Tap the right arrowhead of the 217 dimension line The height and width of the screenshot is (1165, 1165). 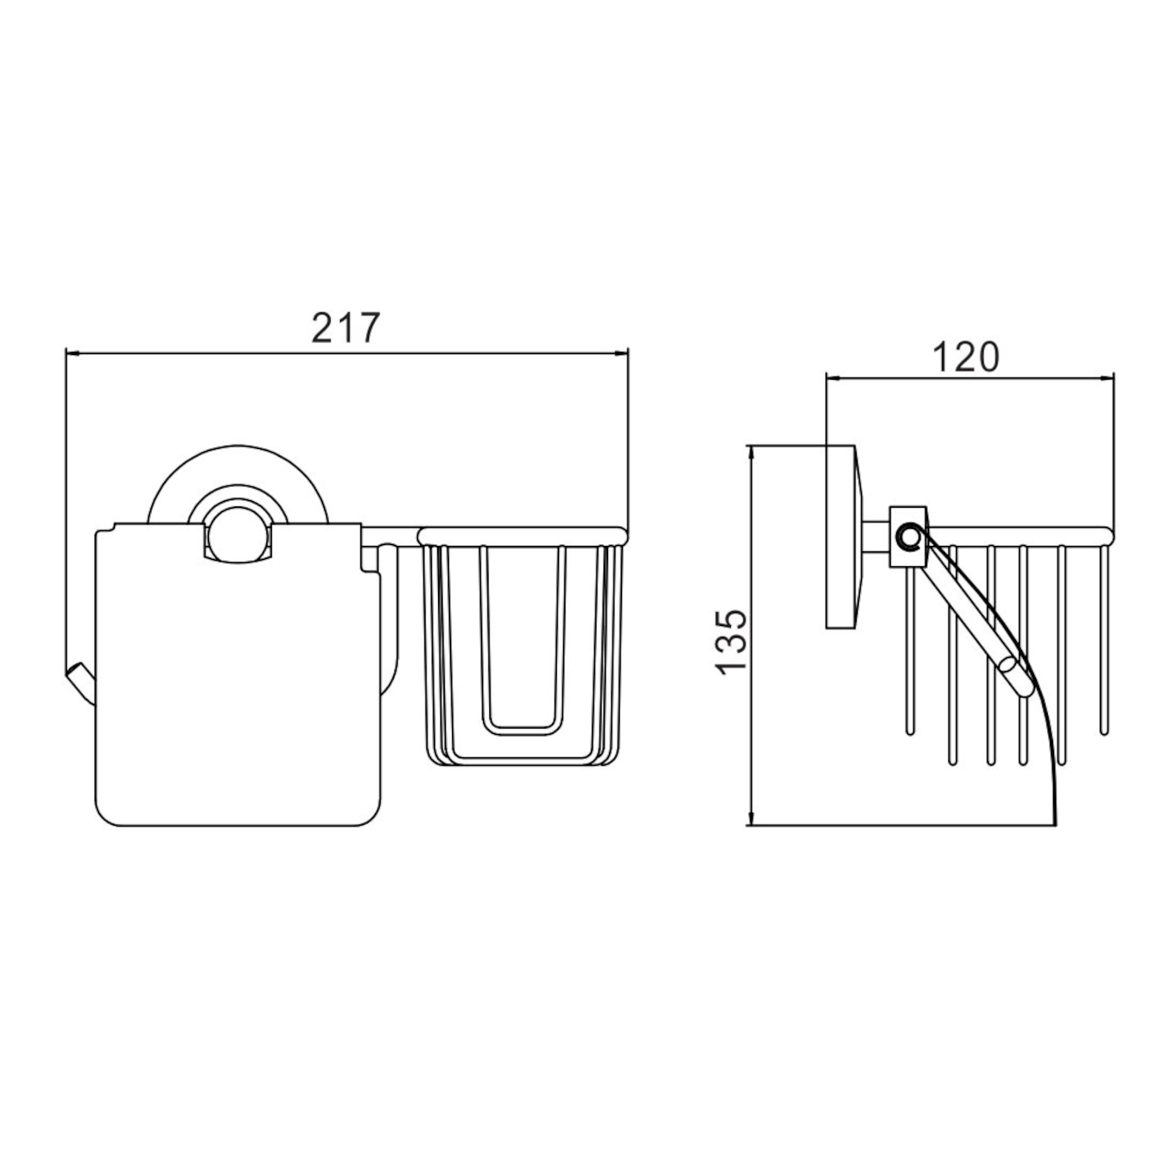(621, 354)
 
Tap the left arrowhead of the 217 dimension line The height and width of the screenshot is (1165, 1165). (72, 354)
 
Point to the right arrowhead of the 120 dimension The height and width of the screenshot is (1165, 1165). (1106, 378)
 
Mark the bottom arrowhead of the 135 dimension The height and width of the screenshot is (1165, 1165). (750, 816)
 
